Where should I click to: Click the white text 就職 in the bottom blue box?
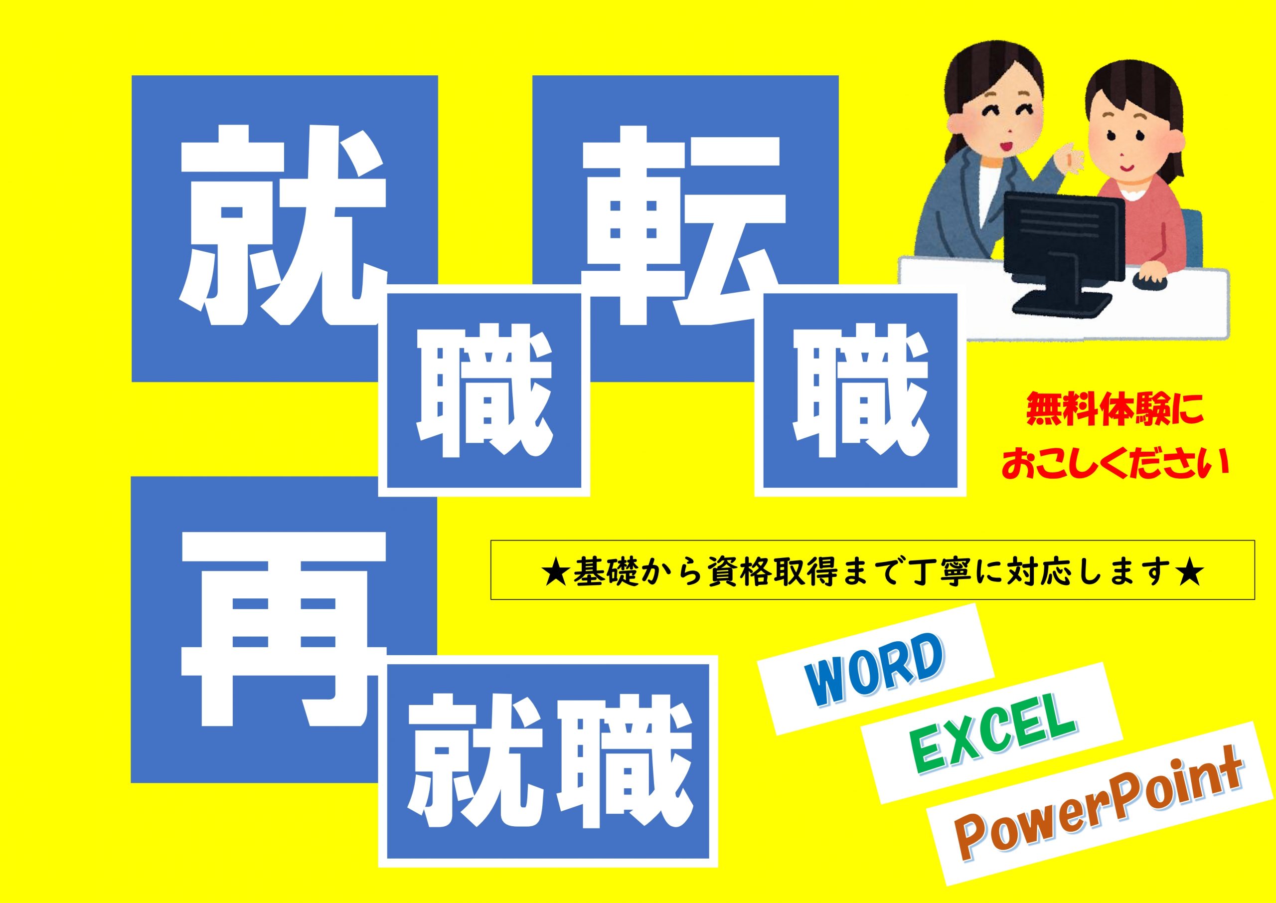click(548, 772)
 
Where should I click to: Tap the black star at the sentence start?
click(556, 576)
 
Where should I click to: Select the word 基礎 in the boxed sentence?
click(603, 576)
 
